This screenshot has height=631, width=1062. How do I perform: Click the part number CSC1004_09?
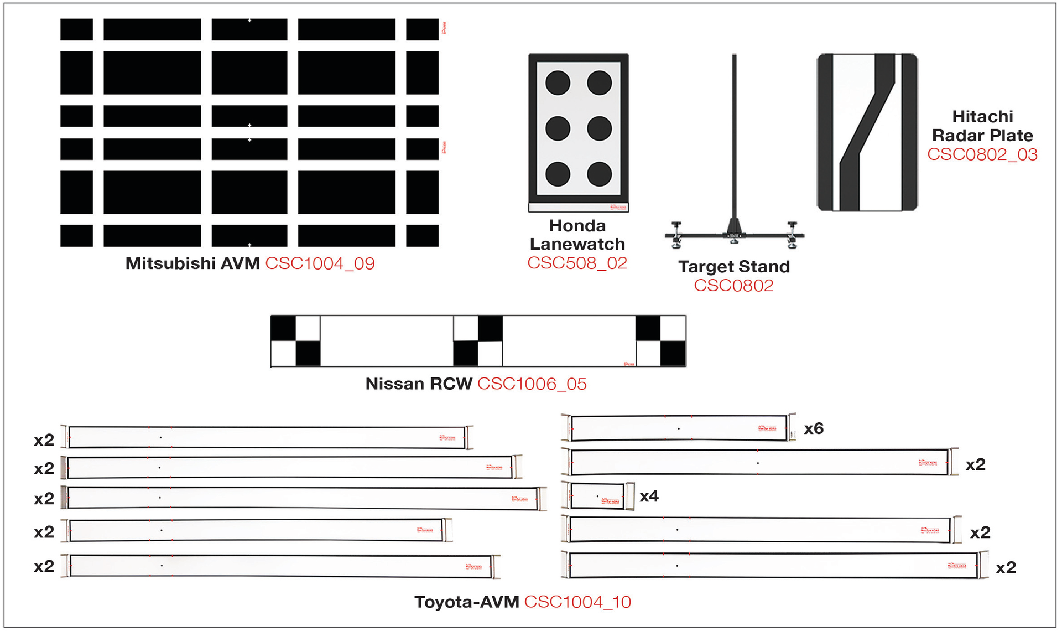click(320, 263)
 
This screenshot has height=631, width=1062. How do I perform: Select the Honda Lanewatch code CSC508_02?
click(577, 263)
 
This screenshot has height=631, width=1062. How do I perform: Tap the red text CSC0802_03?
click(982, 154)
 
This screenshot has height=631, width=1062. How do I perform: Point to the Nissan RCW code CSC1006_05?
click(532, 384)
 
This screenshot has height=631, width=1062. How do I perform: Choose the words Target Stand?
click(734, 267)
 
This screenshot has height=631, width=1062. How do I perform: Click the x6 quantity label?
click(814, 428)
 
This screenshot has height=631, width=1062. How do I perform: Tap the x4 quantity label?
click(649, 496)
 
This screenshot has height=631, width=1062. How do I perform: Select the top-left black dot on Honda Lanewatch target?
click(558, 83)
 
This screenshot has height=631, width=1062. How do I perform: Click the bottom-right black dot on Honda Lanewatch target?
click(599, 174)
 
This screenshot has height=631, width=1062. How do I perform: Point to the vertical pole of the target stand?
click(734, 138)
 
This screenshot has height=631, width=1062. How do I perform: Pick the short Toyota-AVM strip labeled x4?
click(597, 496)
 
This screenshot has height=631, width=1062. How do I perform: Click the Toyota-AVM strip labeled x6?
click(679, 428)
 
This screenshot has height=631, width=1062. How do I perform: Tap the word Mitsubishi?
click(170, 263)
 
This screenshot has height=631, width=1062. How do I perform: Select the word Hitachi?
click(982, 117)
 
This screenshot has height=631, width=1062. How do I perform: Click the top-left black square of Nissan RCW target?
click(283, 328)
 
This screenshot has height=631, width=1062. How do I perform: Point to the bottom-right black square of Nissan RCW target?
click(673, 353)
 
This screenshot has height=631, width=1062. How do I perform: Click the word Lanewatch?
click(577, 244)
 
